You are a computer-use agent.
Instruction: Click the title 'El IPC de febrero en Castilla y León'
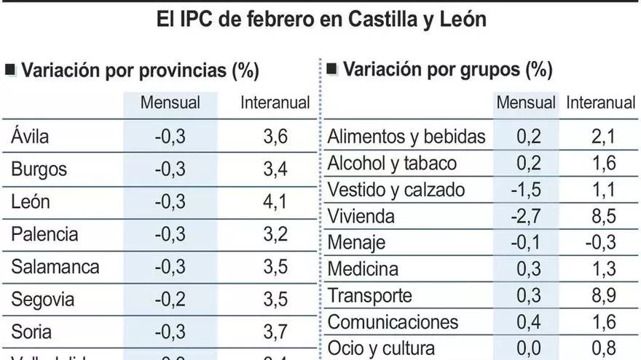coord(321,19)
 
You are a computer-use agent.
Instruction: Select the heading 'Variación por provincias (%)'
coord(140,71)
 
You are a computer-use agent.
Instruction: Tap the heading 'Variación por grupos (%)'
coord(447,70)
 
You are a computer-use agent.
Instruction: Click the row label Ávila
coord(31,136)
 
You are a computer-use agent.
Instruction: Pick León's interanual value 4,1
coord(275,201)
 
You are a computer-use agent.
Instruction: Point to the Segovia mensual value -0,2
coord(170,299)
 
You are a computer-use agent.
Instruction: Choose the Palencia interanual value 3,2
coord(275,234)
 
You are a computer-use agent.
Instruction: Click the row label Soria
coord(31,332)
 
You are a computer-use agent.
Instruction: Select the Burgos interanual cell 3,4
coord(275,169)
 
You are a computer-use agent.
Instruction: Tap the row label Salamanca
coord(55,266)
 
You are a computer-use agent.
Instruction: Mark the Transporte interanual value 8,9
coord(601,295)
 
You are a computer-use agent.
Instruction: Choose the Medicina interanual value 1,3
coord(601,269)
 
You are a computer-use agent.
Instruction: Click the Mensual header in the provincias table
coord(170,103)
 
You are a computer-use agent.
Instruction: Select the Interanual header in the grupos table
coord(601,103)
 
